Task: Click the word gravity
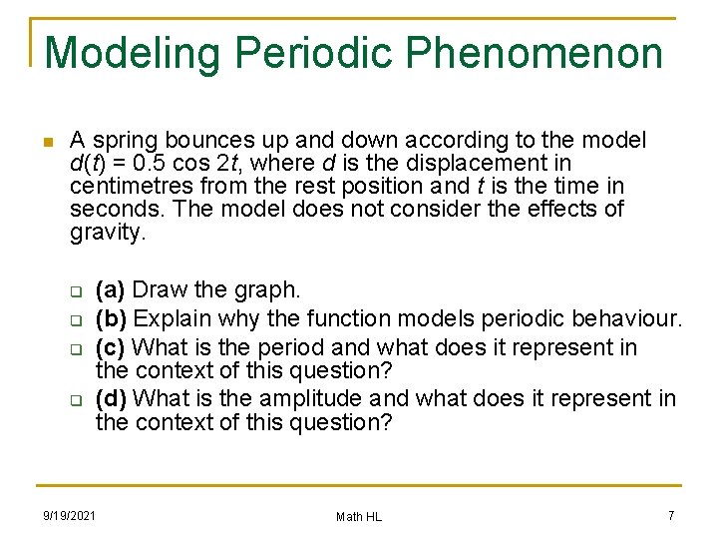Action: (108, 233)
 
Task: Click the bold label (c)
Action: (110, 348)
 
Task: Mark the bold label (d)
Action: (111, 399)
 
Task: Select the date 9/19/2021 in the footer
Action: (69, 516)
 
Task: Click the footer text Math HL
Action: (358, 516)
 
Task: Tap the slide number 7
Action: (671, 515)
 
